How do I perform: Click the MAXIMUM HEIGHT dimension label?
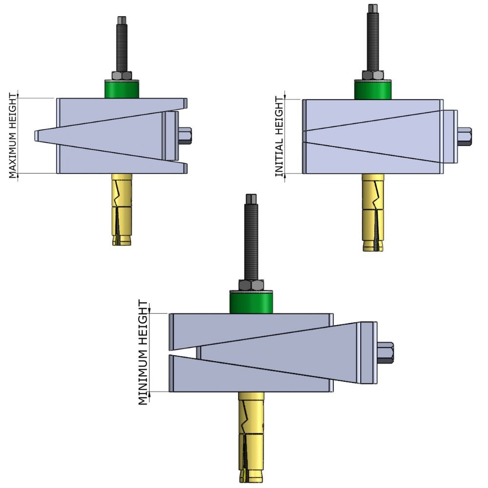click(13, 135)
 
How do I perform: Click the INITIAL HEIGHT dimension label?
click(279, 136)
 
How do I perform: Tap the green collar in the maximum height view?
click(122, 89)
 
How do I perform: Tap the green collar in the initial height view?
click(373, 90)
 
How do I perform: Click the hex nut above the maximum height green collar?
click(122, 76)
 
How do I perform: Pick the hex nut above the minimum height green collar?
click(250, 285)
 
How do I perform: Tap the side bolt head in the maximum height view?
click(186, 136)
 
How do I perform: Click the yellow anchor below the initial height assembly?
click(373, 212)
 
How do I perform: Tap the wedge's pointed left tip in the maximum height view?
click(37, 136)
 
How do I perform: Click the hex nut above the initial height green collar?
click(373, 75)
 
